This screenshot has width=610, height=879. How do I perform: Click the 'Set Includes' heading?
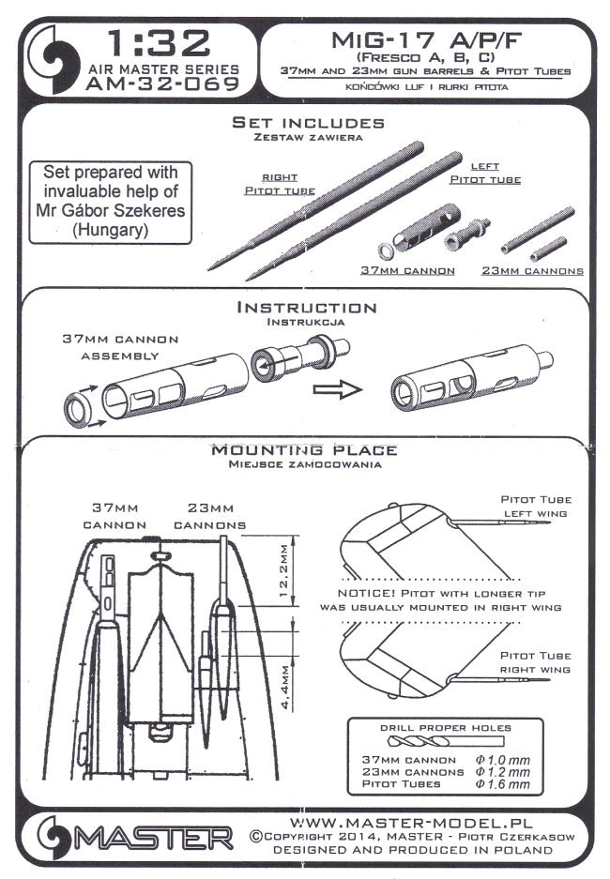coord(307,123)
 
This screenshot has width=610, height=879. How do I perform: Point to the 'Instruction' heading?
coord(307,307)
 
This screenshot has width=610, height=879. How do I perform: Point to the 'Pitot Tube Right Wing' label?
coord(538,663)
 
